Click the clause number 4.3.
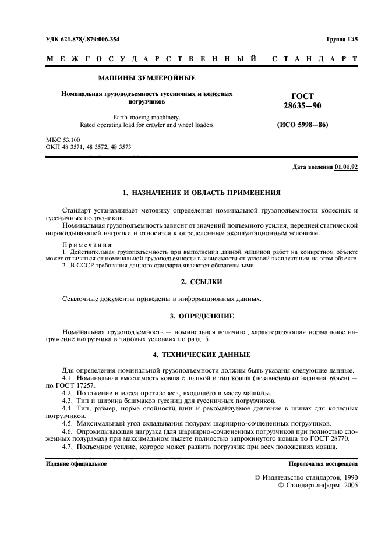[69, 401]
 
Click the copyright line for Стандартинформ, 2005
[318, 484]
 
